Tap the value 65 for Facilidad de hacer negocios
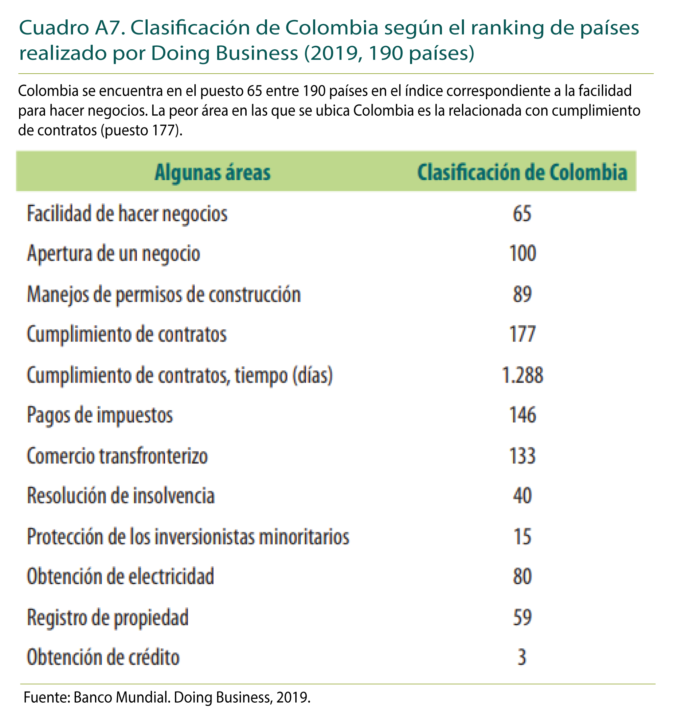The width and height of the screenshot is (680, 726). [x=522, y=213]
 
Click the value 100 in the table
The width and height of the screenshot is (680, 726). [x=522, y=253]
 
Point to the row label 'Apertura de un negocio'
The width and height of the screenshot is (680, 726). [x=114, y=253]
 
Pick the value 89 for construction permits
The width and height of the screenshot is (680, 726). [x=522, y=294]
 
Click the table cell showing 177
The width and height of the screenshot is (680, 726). [x=522, y=334]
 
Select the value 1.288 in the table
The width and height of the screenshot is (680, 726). [x=522, y=375]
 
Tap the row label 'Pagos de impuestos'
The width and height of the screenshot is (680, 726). [x=100, y=415]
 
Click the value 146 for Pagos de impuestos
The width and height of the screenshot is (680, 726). [x=522, y=415]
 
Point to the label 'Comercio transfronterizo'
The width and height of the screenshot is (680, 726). [x=117, y=456]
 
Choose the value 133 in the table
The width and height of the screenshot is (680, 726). [x=522, y=456]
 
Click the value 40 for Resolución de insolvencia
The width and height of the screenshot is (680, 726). [x=522, y=496]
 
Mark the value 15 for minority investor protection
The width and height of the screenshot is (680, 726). [x=522, y=536]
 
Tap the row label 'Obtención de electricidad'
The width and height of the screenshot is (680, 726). [x=121, y=577]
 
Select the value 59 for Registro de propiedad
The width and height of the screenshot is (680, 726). [x=522, y=617]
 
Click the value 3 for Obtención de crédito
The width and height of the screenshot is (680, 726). [x=522, y=657]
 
